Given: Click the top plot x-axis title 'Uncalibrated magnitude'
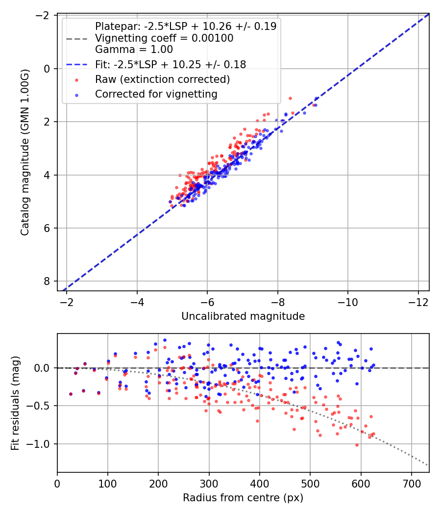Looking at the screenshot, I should click(x=243, y=316).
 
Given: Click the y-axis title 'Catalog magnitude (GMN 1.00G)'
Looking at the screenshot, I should click(x=24, y=153).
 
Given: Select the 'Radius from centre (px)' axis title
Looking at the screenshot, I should click(x=243, y=498).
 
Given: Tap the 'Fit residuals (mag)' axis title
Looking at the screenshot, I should click(x=15, y=403).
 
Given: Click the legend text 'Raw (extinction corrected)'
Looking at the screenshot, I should click(x=163, y=79).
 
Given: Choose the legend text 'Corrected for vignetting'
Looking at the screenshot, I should click(x=156, y=93).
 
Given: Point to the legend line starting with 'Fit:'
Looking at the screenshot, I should click(x=171, y=64).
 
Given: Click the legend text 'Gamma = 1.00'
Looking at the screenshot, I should click(x=134, y=49).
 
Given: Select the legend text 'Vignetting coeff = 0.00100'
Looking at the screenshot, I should click(x=164, y=38).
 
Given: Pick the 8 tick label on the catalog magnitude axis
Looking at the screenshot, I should click(x=47, y=281).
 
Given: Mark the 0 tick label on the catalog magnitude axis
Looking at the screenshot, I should click(x=47, y=69).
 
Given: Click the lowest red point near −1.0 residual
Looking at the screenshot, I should click(x=357, y=445).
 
